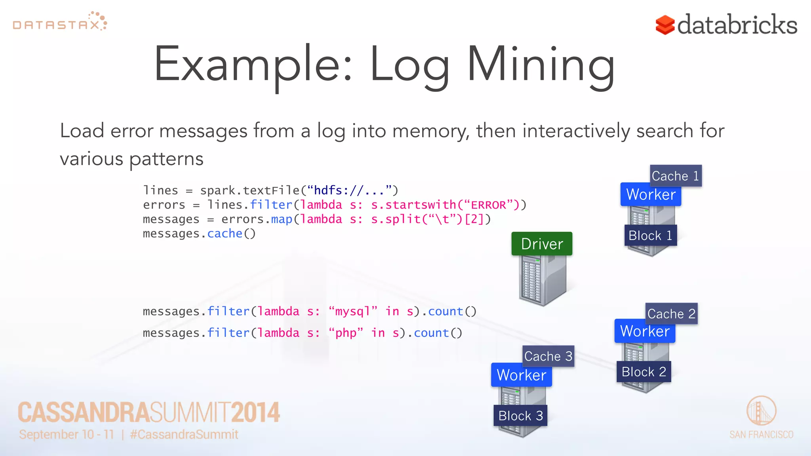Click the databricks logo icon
(x=665, y=25)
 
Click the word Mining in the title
(x=541, y=65)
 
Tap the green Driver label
(x=542, y=244)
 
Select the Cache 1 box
(x=676, y=176)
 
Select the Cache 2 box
(x=671, y=314)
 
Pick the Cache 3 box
(x=548, y=356)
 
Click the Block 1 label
(x=650, y=236)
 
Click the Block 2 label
(x=643, y=372)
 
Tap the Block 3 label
(x=520, y=416)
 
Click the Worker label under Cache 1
(x=651, y=194)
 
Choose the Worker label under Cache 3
(x=521, y=375)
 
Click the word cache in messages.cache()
(x=225, y=234)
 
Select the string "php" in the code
(x=346, y=333)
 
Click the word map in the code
(x=282, y=219)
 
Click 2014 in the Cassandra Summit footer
(x=255, y=412)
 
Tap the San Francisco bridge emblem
(x=761, y=410)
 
